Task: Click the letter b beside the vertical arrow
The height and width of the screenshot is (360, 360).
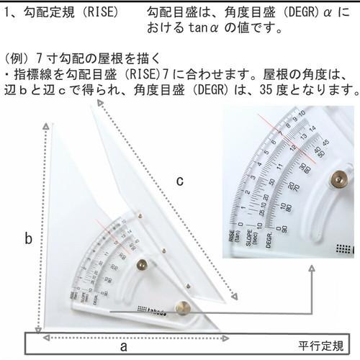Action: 28,239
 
